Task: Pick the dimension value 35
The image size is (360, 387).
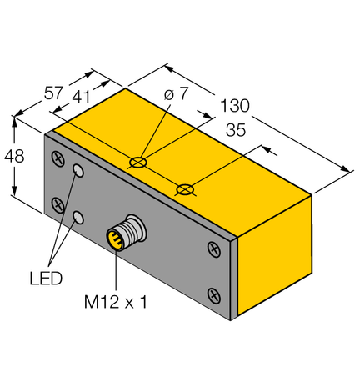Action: [236, 130]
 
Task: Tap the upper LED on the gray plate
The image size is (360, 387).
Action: [78, 172]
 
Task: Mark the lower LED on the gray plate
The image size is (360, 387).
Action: [78, 218]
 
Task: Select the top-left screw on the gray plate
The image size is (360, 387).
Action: [57, 156]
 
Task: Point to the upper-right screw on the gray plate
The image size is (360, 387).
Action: [213, 248]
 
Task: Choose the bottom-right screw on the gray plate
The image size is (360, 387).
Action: [213, 294]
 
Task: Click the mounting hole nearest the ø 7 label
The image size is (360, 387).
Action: [139, 161]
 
